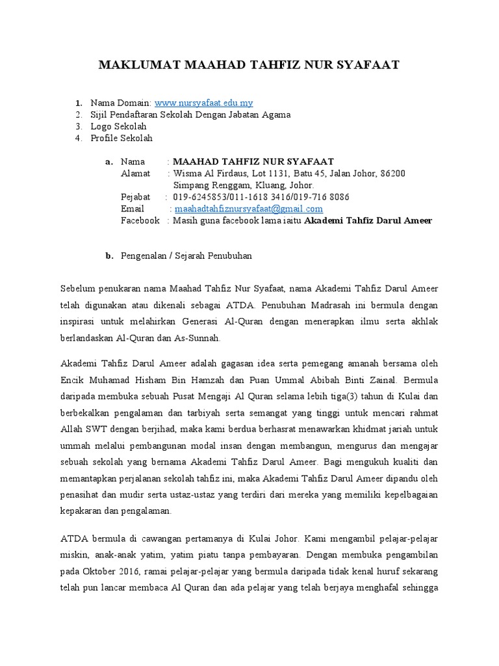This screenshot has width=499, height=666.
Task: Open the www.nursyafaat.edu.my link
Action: point(203,103)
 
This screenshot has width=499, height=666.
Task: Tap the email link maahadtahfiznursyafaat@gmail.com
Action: point(248,209)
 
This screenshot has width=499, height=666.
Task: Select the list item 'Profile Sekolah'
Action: point(122,138)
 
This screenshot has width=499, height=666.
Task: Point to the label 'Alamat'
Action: point(135,173)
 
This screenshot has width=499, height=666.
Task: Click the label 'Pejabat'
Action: point(135,197)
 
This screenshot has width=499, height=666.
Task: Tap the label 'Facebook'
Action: point(140,220)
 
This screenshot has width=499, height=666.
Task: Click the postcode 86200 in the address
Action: point(392,173)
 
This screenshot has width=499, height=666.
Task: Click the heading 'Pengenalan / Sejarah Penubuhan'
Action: point(186,256)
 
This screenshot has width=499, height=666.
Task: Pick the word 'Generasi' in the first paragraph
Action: point(234,321)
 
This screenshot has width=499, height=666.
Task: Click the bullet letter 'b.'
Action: point(109,256)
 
